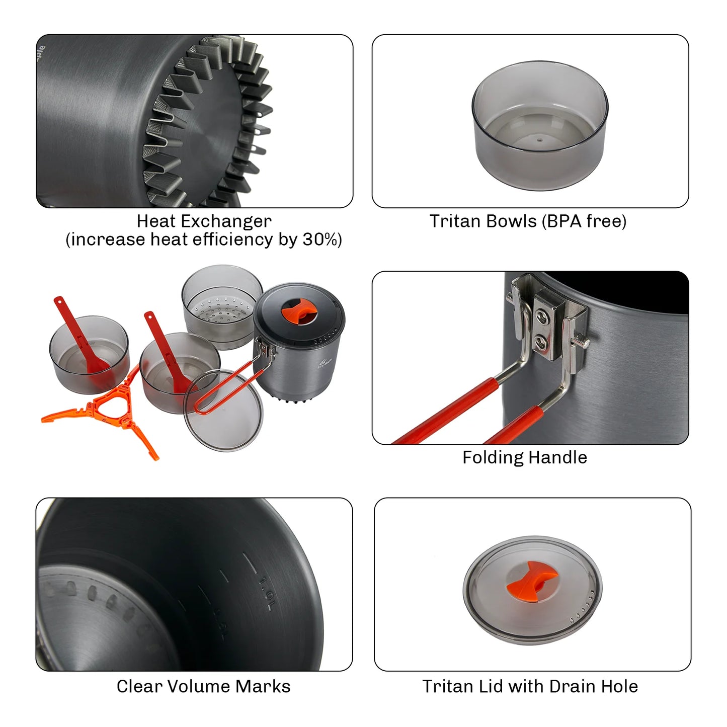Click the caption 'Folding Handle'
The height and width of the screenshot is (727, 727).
(524, 457)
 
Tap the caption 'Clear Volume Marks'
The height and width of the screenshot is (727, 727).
(203, 686)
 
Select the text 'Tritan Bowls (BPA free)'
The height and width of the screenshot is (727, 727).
(528, 221)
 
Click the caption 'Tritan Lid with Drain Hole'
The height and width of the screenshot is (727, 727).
(530, 686)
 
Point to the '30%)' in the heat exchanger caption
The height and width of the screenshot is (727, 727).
(322, 239)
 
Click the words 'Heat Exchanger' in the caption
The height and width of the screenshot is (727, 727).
(204, 221)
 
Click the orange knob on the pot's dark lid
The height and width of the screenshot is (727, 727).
(299, 310)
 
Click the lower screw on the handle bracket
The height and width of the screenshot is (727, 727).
(542, 343)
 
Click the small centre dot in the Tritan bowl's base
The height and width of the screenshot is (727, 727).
(540, 141)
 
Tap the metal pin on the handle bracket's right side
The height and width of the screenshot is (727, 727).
(582, 343)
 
